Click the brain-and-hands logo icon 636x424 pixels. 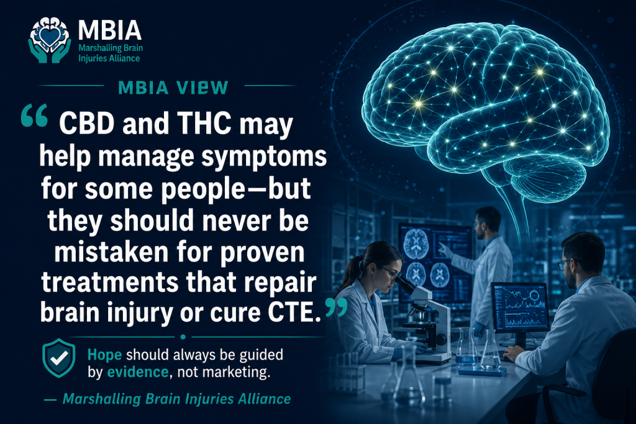click(x=50, y=40)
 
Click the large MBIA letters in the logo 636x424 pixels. click(x=110, y=30)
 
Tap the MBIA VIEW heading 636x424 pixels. click(x=173, y=88)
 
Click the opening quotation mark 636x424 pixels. click(x=35, y=115)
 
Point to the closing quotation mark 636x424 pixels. click(x=336, y=308)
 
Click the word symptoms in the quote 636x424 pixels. click(x=264, y=157)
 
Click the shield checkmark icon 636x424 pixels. click(x=59, y=358)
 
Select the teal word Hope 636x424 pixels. click(x=104, y=354)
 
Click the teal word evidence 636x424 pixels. click(x=138, y=372)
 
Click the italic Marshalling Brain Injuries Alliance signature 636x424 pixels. click(x=177, y=399)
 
